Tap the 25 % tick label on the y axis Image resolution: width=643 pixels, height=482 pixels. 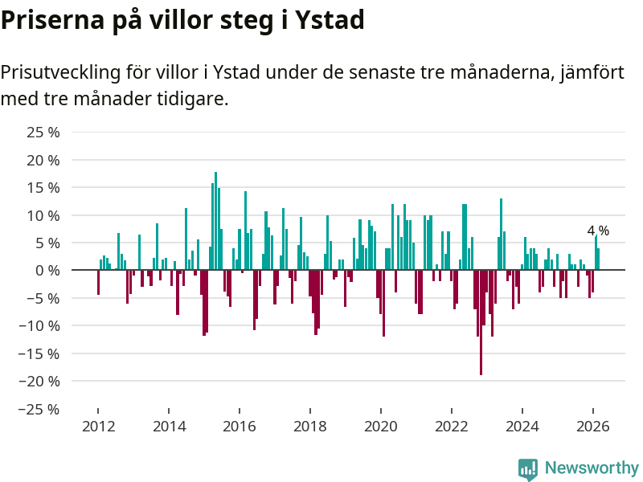click(43, 132)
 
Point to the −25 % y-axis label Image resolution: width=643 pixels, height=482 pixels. click(40, 409)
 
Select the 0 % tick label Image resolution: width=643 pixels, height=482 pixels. click(47, 271)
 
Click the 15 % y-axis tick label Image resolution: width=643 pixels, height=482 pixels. click(43, 187)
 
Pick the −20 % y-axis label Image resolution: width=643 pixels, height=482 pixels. click(40, 381)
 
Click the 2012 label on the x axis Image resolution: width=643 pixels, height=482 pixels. click(98, 426)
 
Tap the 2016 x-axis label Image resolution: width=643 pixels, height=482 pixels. click(240, 426)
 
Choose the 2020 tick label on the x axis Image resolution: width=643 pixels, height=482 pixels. click(381, 426)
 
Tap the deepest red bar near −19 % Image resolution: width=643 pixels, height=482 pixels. click(481, 322)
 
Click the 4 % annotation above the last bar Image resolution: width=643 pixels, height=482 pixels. click(598, 231)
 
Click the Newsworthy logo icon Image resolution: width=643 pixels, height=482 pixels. click(528, 469)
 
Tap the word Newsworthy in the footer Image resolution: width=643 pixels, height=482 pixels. click(592, 468)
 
